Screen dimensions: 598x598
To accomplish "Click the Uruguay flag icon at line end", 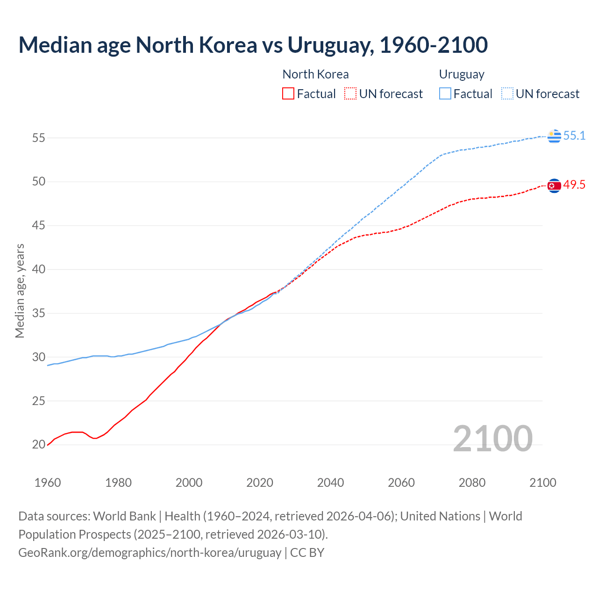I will tap(554, 136).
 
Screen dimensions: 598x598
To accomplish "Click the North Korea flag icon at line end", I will tap(554, 186).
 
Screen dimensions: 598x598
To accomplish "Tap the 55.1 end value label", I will tap(574, 136).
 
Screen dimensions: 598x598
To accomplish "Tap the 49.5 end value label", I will tap(574, 185).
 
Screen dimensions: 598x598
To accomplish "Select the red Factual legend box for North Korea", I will tap(288, 94).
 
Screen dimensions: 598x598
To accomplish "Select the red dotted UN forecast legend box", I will tap(350, 94).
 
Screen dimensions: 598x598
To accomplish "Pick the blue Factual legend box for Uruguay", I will tap(445, 94).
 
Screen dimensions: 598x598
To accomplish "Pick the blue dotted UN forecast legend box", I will tap(507, 94).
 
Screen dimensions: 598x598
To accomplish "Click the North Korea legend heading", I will tap(315, 74).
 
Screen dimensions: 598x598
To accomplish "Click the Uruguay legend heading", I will tap(462, 74).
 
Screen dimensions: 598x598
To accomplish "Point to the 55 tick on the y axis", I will tap(38, 138).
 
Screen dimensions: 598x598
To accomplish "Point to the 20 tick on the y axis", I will tap(38, 445).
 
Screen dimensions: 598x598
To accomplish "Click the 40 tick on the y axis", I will tap(38, 270).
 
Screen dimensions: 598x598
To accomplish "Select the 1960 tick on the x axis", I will tap(48, 483).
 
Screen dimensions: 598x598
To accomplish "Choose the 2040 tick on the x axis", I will tap(330, 483).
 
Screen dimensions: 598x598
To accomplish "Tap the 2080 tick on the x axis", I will tap(472, 483).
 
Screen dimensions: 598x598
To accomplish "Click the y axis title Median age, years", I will tap(20, 291).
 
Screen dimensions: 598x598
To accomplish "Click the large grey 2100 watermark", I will tap(492, 438).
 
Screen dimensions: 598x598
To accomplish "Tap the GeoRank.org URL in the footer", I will tap(149, 553).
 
